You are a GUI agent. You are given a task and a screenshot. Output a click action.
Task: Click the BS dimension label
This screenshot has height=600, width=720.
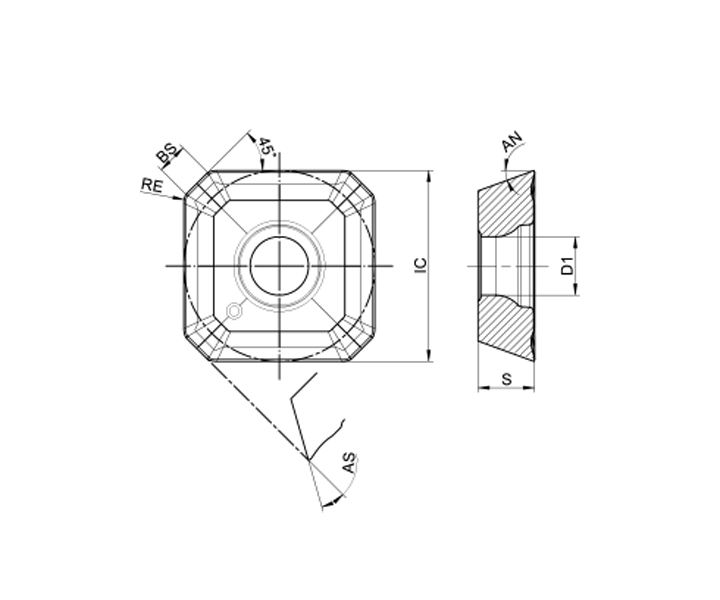click(167, 153)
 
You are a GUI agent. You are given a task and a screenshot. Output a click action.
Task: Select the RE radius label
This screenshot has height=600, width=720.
click(152, 185)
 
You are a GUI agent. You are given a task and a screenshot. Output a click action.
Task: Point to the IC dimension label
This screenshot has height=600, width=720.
click(421, 266)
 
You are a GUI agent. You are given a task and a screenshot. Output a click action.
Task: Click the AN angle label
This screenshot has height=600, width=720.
click(512, 142)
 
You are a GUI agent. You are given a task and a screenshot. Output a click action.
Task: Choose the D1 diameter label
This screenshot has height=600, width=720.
click(568, 266)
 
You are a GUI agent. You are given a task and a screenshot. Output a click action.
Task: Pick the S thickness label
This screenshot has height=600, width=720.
click(506, 379)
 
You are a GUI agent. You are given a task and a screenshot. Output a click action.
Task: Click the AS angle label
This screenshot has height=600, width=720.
click(349, 463)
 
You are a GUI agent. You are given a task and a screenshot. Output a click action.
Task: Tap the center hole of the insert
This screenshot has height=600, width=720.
click(280, 266)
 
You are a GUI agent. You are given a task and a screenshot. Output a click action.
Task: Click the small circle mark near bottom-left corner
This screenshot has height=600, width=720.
click(234, 311)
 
